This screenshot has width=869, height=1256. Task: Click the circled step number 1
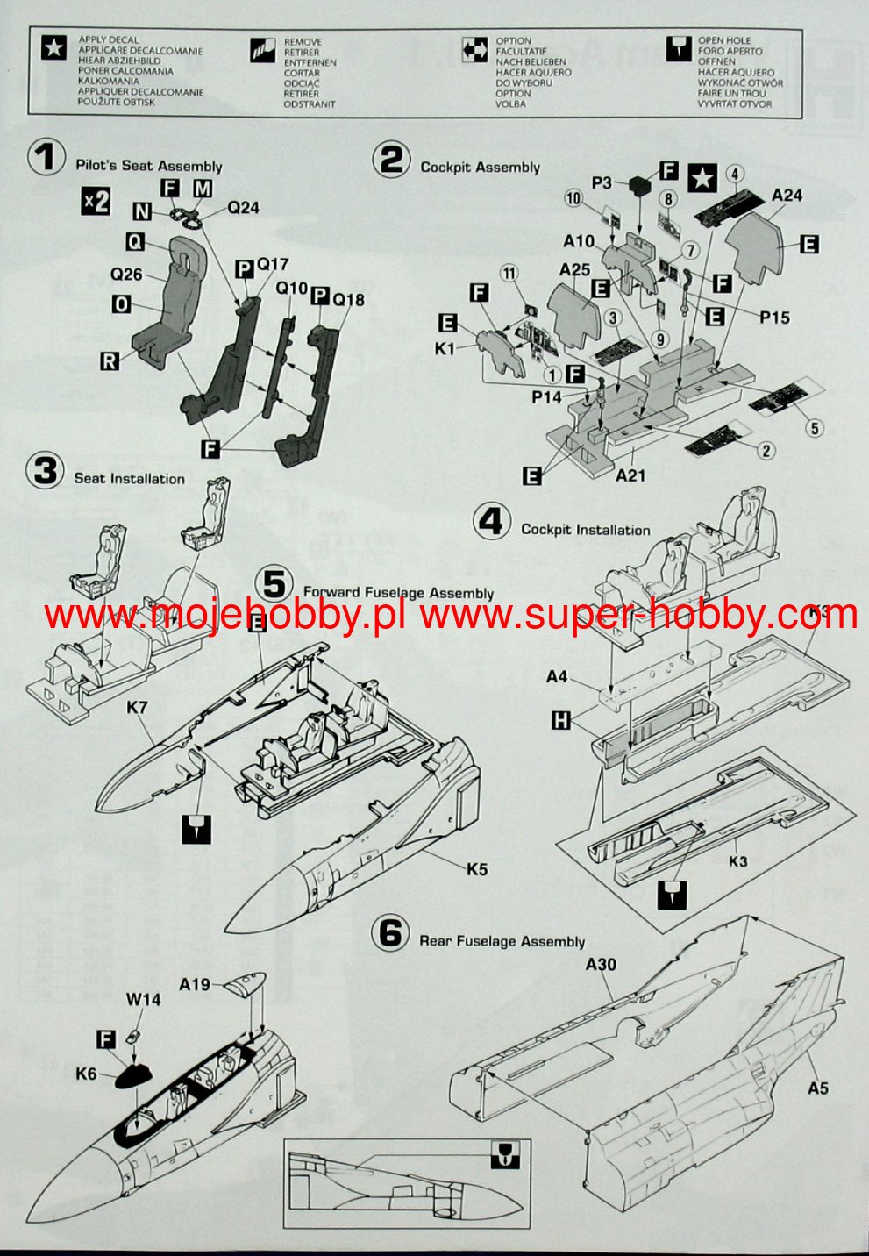pos(46,159)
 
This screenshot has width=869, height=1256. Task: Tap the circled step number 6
pos(390,933)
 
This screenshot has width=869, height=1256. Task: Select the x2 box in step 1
pos(96,201)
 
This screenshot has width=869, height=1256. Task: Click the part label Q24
pos(244,208)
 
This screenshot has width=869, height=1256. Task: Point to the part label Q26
pos(126,275)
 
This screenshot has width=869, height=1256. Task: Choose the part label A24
pos(787,196)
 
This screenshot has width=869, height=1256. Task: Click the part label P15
pos(774,318)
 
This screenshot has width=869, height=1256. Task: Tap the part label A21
pos(630,475)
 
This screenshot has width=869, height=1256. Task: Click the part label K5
pos(477,869)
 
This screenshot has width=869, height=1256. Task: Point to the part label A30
pos(601,964)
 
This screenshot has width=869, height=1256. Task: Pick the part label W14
pos(143,999)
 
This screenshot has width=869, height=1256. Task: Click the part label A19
pos(195,984)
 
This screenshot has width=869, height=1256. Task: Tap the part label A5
pos(817,1088)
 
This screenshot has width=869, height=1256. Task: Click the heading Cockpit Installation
pos(585,530)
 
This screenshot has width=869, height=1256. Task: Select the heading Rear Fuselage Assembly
pos(502,941)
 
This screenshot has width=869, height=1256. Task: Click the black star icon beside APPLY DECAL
pos(54,49)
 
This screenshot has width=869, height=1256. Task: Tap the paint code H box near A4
pos(560,720)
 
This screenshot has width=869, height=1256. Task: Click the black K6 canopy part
pos(132,1073)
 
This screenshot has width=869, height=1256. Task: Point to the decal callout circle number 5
pos(815,428)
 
